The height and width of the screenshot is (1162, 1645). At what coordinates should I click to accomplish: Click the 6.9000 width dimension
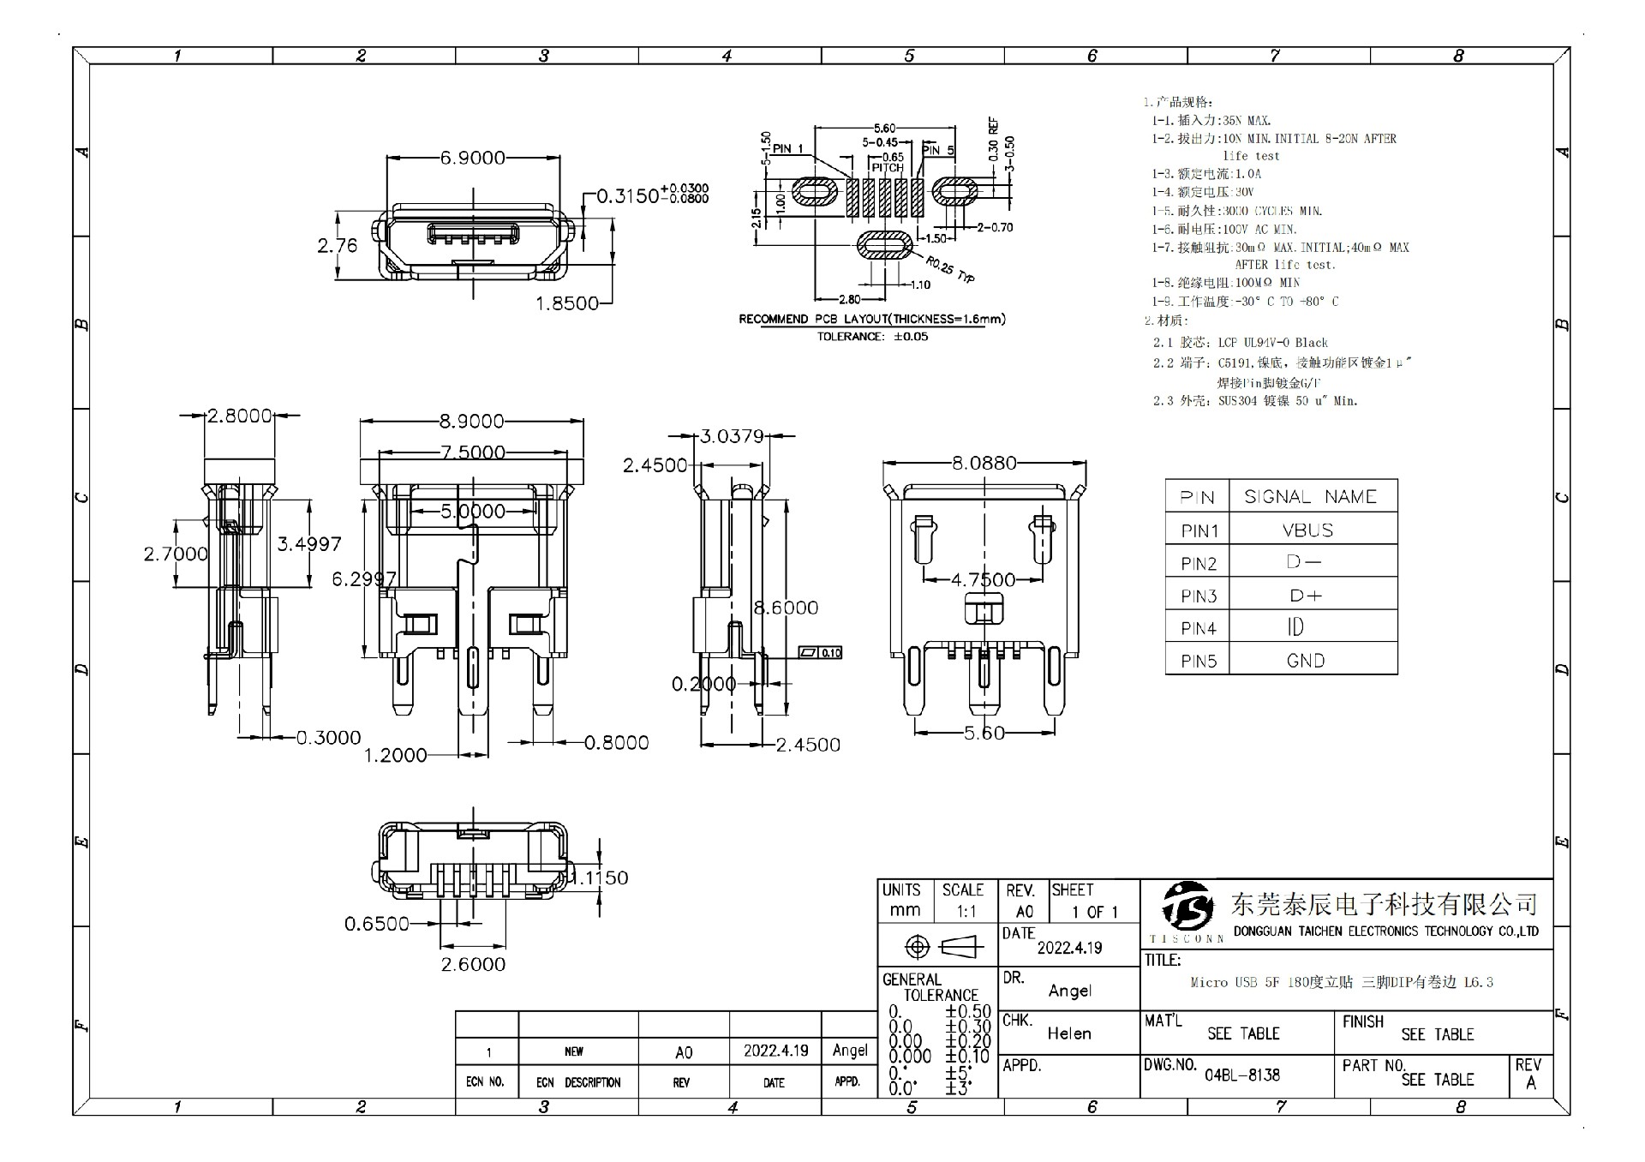[x=473, y=158]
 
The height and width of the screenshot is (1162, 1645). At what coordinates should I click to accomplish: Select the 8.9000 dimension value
[x=472, y=422]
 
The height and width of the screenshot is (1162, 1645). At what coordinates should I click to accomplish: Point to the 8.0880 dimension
[x=984, y=463]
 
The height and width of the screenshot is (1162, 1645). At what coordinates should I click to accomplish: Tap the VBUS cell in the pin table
[x=1307, y=530]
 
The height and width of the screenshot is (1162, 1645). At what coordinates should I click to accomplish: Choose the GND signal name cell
[x=1306, y=661]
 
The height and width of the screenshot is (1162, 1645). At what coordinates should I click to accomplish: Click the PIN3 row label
[x=1199, y=596]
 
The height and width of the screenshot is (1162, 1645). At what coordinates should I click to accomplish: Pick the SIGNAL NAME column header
[x=1310, y=497]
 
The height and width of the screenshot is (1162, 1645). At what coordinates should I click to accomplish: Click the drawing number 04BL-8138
[x=1242, y=1075]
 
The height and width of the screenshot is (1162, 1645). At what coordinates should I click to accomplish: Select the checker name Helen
[x=1069, y=1033]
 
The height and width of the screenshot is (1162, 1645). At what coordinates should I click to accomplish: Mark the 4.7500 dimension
[x=983, y=580]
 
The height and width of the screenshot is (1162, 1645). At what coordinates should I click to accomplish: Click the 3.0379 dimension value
[x=732, y=436]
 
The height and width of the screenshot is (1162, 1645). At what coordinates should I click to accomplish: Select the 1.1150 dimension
[x=600, y=877]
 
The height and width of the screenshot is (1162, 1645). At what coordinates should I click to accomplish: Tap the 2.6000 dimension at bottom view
[x=473, y=964]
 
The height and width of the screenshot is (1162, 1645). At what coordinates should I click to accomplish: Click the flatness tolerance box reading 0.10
[x=821, y=653]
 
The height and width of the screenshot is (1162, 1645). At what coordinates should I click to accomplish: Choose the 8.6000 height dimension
[x=786, y=608]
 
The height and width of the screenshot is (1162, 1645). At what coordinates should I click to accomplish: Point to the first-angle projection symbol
[x=940, y=947]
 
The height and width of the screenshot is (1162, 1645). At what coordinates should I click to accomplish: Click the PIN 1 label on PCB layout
[x=788, y=148]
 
